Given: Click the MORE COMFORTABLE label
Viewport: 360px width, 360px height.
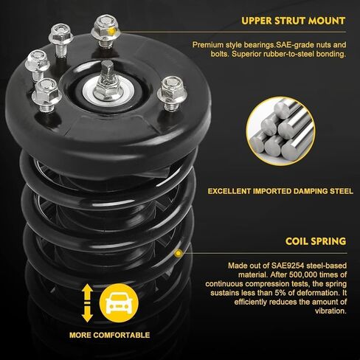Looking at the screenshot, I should pos(109,335).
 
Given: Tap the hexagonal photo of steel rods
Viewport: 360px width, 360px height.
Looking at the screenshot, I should pos(280,133).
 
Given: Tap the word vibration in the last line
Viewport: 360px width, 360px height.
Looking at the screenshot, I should pos(328,311).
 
